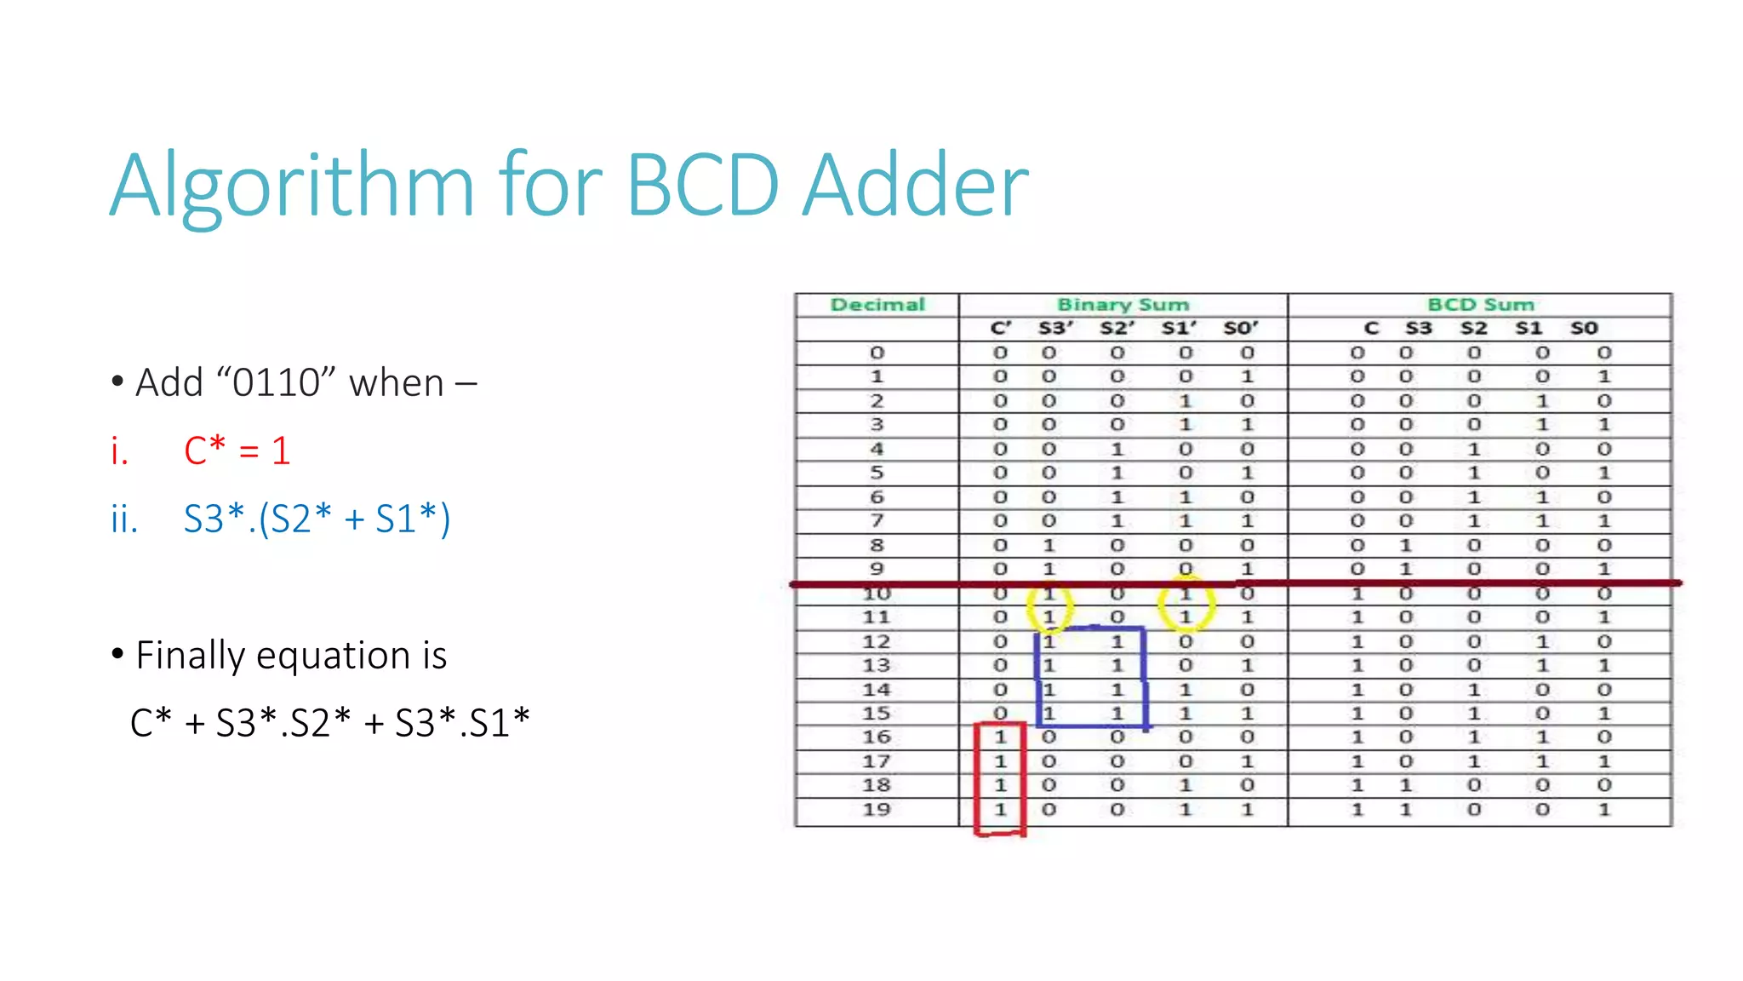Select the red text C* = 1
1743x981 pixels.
pyautogui.click(x=237, y=450)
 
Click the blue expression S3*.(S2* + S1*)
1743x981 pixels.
pyautogui.click(x=317, y=519)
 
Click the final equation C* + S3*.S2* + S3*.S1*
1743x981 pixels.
pyautogui.click(x=330, y=723)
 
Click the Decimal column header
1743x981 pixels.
pyautogui.click(x=877, y=305)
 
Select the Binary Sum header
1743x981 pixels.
pyautogui.click(x=1123, y=305)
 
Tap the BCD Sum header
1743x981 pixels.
pyautogui.click(x=1480, y=305)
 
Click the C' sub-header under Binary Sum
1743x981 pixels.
pyautogui.click(x=1001, y=329)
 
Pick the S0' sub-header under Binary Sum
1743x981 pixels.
pyautogui.click(x=1240, y=329)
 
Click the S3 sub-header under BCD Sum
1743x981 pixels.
pyautogui.click(x=1418, y=329)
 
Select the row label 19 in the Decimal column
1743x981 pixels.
pyautogui.click(x=877, y=810)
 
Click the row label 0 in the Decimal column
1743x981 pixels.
pyautogui.click(x=877, y=353)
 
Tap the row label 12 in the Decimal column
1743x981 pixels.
pyautogui.click(x=877, y=641)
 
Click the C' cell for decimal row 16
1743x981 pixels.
pyautogui.click(x=1001, y=737)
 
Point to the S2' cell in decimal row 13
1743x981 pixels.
pyautogui.click(x=1117, y=665)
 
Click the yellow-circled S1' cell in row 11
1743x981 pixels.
pyautogui.click(x=1186, y=617)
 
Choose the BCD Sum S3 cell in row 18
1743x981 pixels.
pyautogui.click(x=1406, y=785)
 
